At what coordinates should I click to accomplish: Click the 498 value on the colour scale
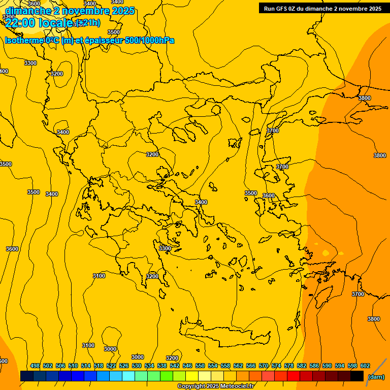35,366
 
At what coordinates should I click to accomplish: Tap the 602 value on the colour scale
365,366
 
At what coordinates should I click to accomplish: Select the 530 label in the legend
137,366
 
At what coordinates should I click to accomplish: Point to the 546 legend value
187,366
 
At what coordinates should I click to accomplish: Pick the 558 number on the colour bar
225,366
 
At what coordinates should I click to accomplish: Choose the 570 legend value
264,366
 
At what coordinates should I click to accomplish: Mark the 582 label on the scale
302,366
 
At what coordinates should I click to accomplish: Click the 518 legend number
99,366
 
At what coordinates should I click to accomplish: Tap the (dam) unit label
376,376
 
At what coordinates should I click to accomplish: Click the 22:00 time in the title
20,23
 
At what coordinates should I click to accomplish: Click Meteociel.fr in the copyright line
234,386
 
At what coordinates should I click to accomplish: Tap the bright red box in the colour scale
293,376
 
